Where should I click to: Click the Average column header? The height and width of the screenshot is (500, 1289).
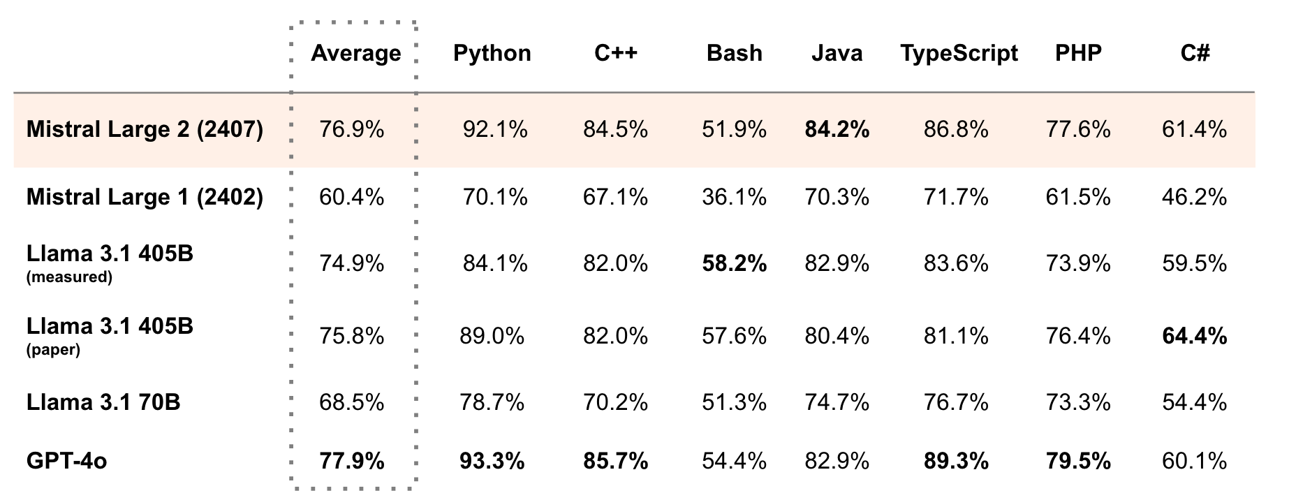tap(355, 54)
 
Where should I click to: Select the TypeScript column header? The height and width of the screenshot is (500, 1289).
tap(959, 54)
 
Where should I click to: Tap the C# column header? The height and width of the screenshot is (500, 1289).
tap(1194, 54)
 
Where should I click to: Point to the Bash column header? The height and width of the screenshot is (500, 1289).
tap(734, 54)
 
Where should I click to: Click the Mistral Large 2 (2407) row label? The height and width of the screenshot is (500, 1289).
tap(145, 129)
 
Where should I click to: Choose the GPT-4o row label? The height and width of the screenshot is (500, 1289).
tap(66, 461)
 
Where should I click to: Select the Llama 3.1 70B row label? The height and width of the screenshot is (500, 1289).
tap(103, 402)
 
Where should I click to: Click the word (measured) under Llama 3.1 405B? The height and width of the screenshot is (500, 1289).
tap(69, 277)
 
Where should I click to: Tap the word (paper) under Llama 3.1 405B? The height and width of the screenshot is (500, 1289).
tap(53, 350)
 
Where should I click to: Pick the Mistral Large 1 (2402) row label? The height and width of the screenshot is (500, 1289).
tap(145, 197)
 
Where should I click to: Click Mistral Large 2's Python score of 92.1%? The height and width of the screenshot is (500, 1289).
tap(495, 129)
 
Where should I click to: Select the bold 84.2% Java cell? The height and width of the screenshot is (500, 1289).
tap(837, 129)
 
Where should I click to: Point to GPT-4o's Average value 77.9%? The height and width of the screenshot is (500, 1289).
tap(351, 461)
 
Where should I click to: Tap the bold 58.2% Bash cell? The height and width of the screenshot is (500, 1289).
tap(734, 263)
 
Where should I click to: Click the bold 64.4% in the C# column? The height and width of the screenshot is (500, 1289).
tap(1194, 336)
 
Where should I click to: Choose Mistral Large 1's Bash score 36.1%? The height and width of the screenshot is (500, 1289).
tap(734, 197)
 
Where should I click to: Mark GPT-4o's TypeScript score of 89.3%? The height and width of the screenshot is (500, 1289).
tap(956, 461)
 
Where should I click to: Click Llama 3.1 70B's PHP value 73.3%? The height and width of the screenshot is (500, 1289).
tap(1077, 402)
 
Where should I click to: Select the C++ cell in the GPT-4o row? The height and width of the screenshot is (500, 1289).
tap(615, 461)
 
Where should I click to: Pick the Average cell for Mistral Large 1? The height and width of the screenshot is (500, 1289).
tap(351, 197)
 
